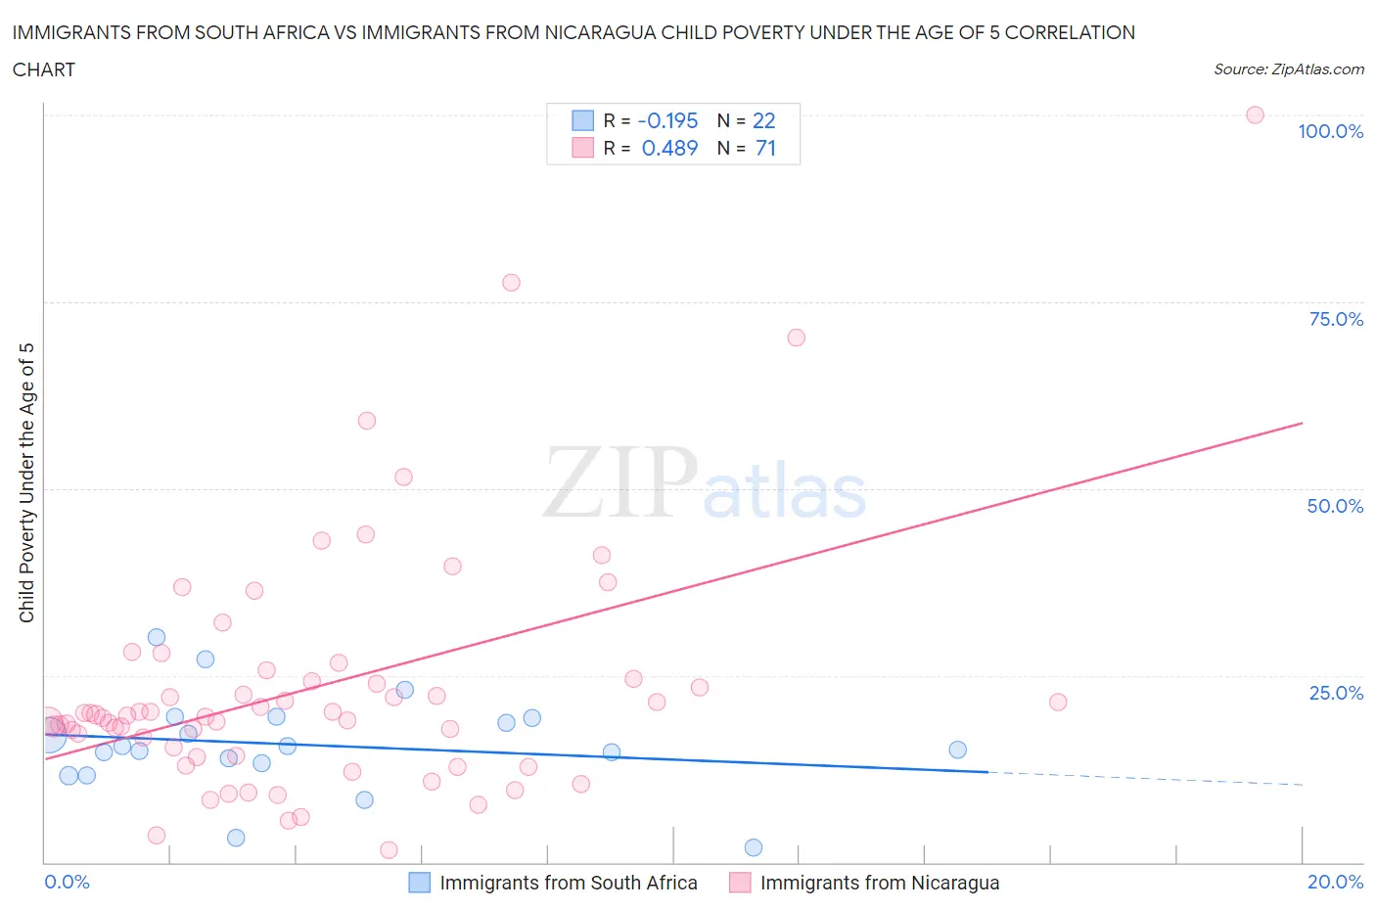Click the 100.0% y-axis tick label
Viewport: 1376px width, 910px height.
[1330, 131]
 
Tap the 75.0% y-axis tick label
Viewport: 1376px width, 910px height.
[1336, 319]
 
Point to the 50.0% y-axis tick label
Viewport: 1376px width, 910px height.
[1335, 506]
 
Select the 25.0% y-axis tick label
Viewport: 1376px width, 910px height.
[1336, 693]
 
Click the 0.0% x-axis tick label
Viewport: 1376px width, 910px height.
[67, 882]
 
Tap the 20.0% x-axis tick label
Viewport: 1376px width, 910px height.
[1335, 882]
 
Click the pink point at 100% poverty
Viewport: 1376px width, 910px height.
[1255, 114]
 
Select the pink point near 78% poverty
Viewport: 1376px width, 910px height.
[511, 283]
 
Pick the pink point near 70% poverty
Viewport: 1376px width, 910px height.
[796, 338]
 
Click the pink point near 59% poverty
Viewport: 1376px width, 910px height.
[367, 421]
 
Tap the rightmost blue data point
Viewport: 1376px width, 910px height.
[957, 750]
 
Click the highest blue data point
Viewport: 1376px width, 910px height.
[157, 637]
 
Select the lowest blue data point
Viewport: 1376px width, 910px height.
[753, 847]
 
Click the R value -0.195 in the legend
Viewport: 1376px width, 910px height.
[667, 120]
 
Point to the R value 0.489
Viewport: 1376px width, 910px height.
[669, 148]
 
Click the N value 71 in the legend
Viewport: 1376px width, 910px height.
[765, 148]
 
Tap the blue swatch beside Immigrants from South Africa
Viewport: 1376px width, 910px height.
[419, 883]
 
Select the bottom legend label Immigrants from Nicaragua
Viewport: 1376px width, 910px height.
[879, 883]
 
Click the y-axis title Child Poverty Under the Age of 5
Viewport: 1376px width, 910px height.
[27, 482]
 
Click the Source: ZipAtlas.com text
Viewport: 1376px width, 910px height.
[1288, 69]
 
